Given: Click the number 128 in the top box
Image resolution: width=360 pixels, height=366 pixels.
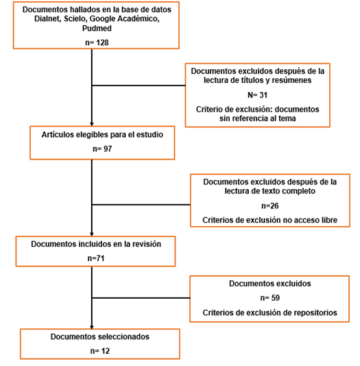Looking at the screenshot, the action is point(102,42).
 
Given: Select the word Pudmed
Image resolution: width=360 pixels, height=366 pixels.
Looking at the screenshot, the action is point(97,28).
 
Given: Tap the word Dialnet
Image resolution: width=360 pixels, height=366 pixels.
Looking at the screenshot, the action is point(48,19).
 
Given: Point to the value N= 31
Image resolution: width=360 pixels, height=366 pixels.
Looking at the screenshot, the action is point(257,95).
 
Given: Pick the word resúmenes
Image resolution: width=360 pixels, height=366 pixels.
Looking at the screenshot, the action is point(291,80).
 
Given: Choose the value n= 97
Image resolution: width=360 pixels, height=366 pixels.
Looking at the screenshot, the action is point(102,149).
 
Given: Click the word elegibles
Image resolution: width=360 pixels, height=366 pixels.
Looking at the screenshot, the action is point(91,135).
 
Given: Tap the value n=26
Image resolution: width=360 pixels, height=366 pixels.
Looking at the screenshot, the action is point(270,206).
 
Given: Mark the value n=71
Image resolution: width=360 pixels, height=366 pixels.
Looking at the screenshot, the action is point(96,258).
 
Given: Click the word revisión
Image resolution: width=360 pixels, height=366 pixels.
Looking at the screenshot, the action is point(147,244).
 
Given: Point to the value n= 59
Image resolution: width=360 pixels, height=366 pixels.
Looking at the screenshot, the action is point(270,298).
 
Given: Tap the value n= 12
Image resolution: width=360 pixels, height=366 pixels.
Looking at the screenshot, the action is point(100,351).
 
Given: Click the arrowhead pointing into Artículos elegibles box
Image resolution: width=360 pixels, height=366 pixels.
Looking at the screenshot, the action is point(92,124).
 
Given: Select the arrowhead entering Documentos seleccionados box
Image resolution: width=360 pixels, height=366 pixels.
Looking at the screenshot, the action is point(92,327).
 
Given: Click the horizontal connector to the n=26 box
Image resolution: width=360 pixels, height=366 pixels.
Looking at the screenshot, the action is point(141,205).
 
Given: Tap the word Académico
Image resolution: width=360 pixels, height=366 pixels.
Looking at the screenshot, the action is point(139,19).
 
